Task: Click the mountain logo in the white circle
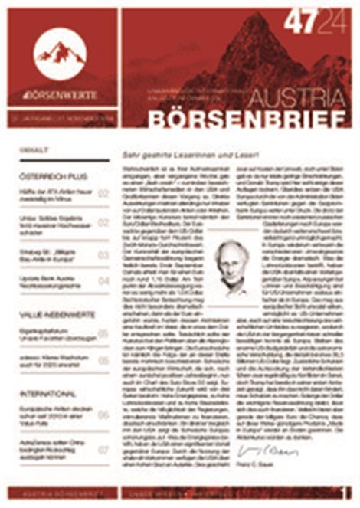(x=60, y=52)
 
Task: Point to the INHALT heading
(x=33, y=150)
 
